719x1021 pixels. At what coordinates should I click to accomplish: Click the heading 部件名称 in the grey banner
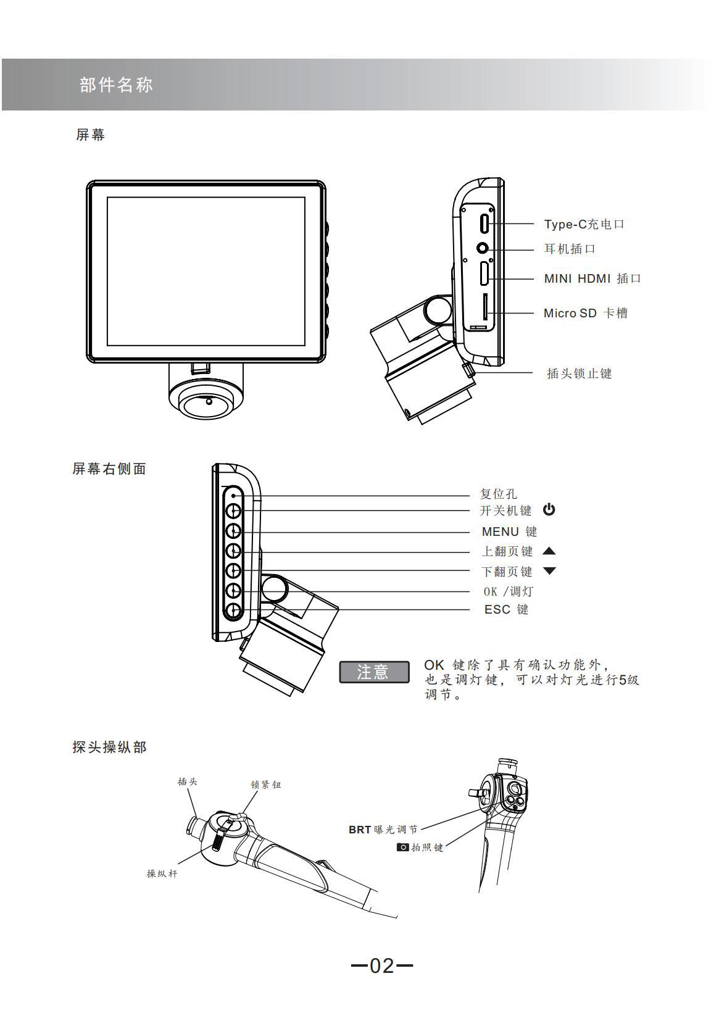click(116, 85)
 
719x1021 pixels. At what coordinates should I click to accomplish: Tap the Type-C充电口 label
click(584, 224)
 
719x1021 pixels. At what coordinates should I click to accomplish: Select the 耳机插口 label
click(570, 249)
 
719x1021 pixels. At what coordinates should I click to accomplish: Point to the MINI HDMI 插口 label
click(592, 278)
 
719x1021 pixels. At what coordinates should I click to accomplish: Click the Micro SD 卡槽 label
click(585, 313)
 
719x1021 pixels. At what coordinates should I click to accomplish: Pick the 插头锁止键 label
click(579, 373)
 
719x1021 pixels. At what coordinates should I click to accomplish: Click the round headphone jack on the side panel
click(484, 248)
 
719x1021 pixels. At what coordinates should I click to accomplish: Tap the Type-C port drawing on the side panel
click(486, 222)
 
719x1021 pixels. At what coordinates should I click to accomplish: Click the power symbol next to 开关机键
click(549, 510)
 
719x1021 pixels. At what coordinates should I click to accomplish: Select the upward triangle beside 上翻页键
click(549, 551)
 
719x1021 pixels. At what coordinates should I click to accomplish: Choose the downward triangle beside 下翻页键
click(549, 571)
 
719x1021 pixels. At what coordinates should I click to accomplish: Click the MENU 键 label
click(509, 531)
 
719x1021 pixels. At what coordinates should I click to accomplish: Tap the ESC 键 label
click(506, 609)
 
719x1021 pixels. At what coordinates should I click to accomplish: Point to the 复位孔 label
click(499, 494)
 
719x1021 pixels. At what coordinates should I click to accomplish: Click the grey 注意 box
click(374, 672)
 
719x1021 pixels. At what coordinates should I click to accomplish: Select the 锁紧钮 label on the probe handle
click(266, 785)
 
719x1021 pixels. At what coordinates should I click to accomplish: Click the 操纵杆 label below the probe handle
click(162, 873)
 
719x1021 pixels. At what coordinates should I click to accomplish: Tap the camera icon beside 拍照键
click(402, 847)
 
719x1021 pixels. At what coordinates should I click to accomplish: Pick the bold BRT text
click(359, 830)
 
